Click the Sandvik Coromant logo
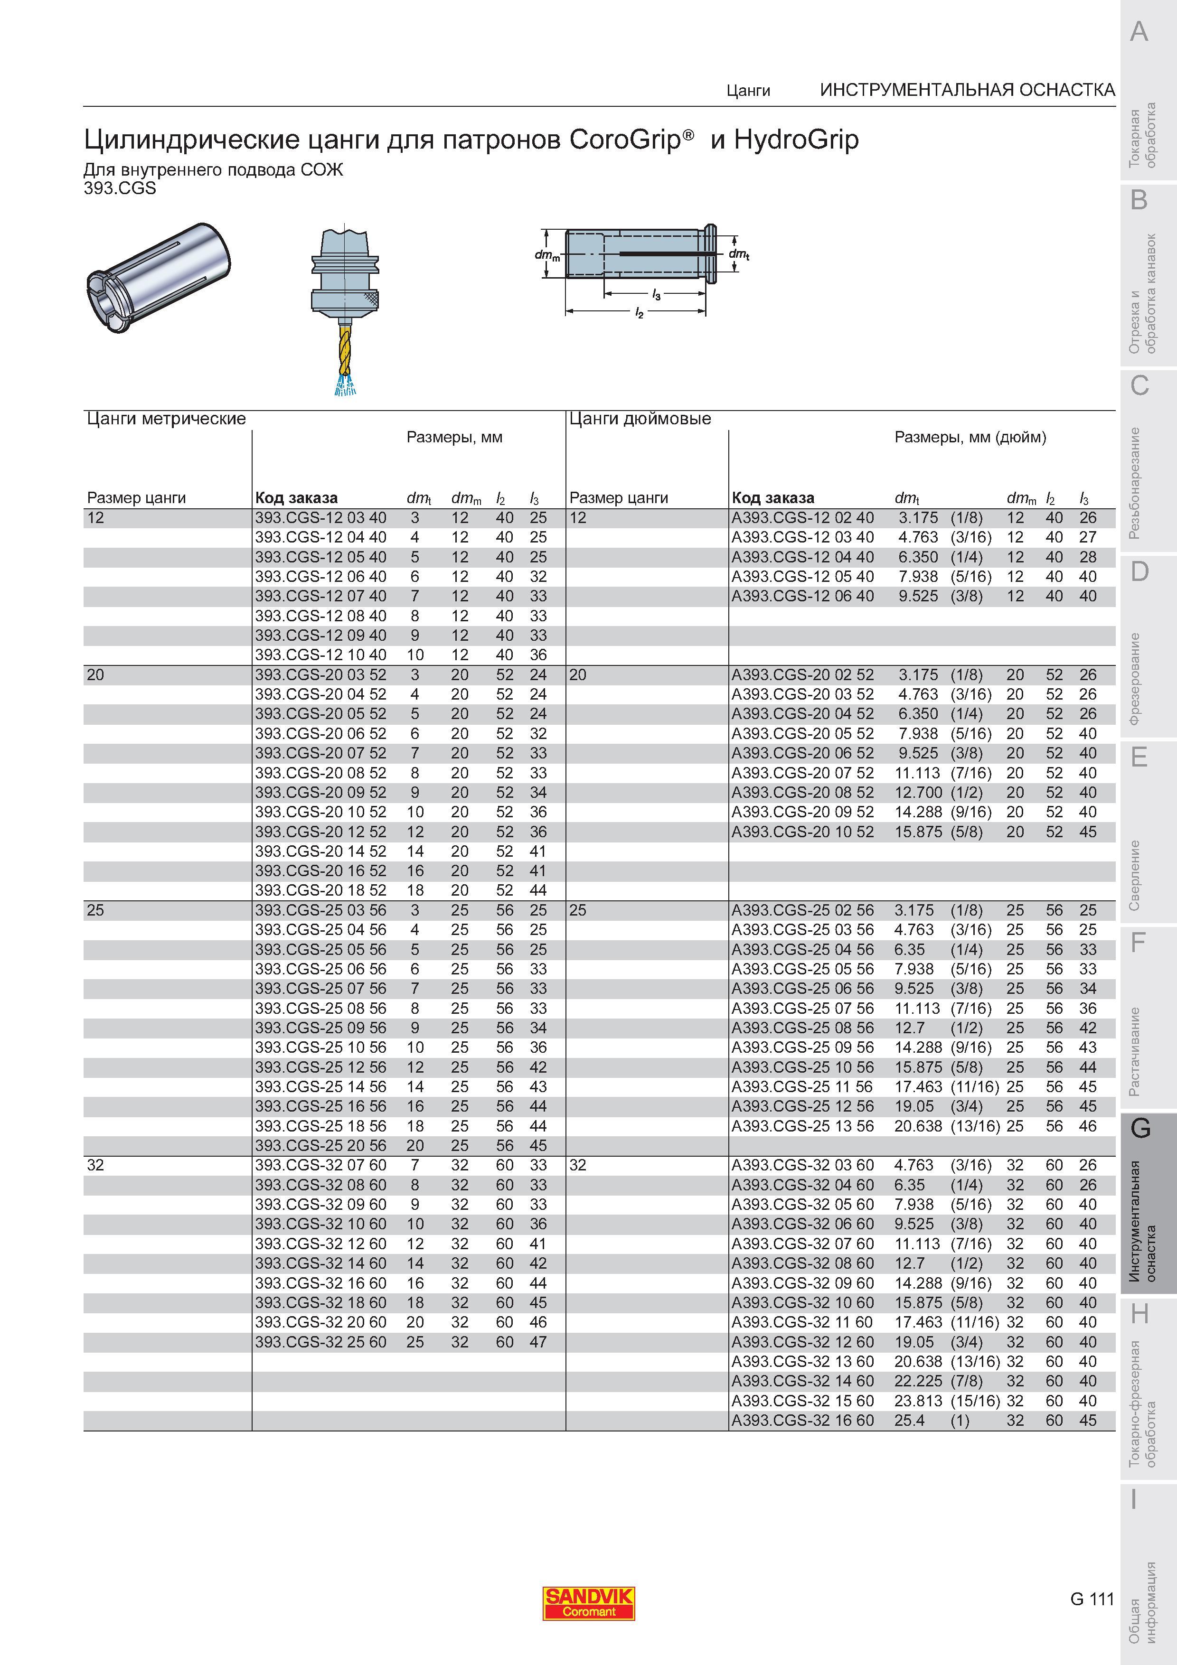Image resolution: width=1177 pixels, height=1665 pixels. click(589, 1603)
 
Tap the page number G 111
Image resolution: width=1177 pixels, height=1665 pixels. click(1092, 1598)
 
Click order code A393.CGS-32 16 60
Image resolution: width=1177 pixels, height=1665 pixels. click(803, 1421)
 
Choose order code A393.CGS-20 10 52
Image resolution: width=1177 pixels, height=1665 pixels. click(803, 832)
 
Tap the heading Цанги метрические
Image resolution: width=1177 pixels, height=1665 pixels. click(166, 419)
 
